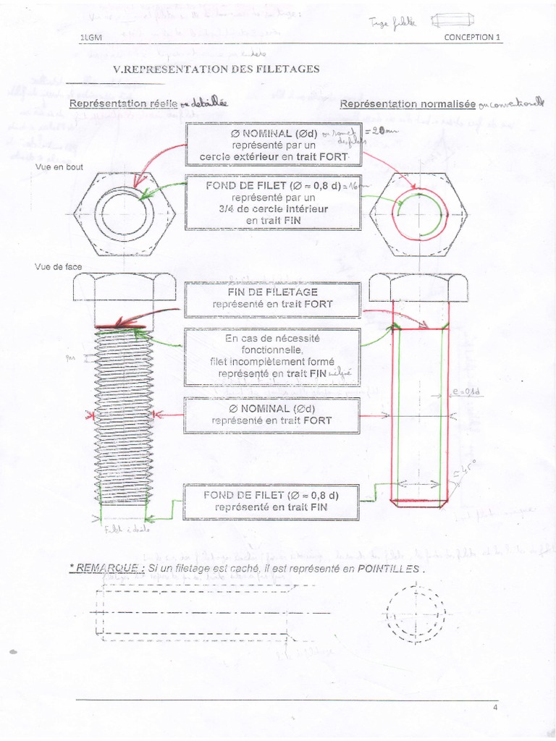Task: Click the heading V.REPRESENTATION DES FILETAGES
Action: pyautogui.click(x=216, y=69)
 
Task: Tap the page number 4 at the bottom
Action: pyautogui.click(x=494, y=708)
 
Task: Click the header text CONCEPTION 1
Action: pyautogui.click(x=472, y=38)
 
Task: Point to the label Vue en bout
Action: pyautogui.click(x=59, y=167)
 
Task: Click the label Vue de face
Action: pyautogui.click(x=59, y=267)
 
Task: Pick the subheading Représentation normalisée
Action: pyautogui.click(x=408, y=104)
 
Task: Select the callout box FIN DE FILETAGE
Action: pyautogui.click(x=272, y=298)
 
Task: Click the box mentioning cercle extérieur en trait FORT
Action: pyautogui.click(x=274, y=145)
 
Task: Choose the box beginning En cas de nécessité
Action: pyautogui.click(x=272, y=356)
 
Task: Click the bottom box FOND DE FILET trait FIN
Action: pyautogui.click(x=271, y=501)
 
